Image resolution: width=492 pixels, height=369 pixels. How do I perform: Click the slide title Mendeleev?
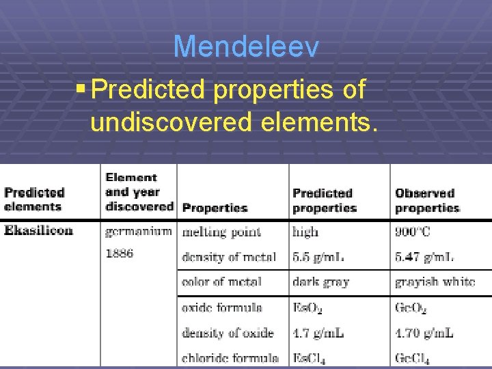(245, 47)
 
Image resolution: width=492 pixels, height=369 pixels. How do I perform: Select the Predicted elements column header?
(34, 200)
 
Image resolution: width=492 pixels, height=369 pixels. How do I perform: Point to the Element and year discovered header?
(139, 192)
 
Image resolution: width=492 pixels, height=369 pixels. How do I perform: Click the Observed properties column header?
(428, 200)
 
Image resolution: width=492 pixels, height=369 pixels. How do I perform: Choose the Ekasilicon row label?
(39, 230)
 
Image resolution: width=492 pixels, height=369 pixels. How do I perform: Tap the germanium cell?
(138, 232)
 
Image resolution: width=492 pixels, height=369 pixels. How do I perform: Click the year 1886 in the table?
(120, 253)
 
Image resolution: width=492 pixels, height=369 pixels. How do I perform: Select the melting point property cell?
(221, 232)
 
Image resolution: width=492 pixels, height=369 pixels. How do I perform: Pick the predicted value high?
(305, 232)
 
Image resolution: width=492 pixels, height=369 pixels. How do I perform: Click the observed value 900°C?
(413, 232)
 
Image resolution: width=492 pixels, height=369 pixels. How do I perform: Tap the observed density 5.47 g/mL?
(424, 257)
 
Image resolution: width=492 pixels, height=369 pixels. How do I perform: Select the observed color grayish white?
(435, 282)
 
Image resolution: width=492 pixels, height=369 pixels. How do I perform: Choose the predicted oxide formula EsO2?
(307, 308)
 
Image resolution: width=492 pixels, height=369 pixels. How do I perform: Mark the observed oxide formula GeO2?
(411, 308)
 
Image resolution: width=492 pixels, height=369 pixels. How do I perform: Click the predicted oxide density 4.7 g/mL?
(318, 333)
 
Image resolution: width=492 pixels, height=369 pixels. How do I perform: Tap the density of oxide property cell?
(228, 333)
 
